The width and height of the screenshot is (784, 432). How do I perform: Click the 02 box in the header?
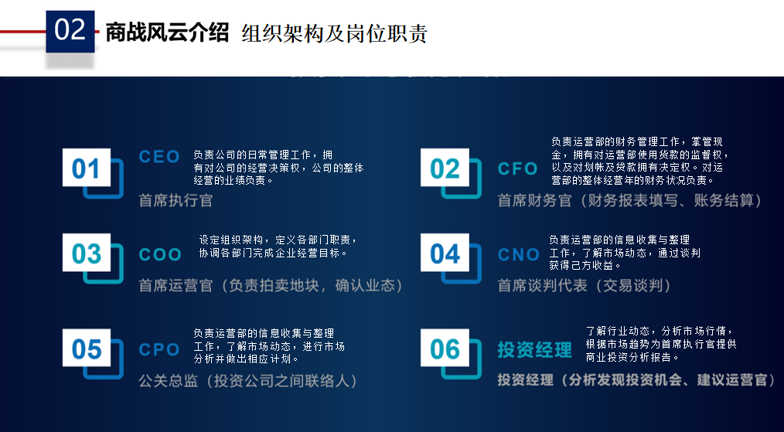click(70, 31)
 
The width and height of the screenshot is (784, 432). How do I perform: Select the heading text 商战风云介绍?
click(167, 32)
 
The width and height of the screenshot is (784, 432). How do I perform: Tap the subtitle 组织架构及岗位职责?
click(334, 34)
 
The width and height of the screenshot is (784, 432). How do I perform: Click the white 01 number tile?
click(87, 168)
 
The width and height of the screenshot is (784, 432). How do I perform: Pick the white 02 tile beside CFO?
click(445, 168)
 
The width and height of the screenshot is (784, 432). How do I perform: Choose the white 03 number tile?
click(87, 253)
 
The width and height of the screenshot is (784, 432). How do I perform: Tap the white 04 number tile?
click(445, 253)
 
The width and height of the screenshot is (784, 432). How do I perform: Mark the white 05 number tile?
click(87, 349)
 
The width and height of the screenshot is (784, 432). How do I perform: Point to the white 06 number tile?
click(445, 349)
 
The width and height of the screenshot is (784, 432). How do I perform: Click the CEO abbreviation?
click(159, 157)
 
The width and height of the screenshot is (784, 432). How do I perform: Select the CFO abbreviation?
click(518, 168)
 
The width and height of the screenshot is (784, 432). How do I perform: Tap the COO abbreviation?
click(160, 254)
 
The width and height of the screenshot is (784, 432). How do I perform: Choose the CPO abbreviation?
click(159, 349)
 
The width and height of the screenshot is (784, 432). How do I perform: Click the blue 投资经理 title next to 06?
click(534, 350)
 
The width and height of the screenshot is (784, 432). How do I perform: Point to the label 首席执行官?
click(176, 201)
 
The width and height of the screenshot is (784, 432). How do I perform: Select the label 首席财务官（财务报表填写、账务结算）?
click(629, 201)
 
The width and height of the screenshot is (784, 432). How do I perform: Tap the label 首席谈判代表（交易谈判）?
click(584, 286)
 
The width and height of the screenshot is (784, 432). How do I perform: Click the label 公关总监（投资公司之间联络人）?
click(248, 381)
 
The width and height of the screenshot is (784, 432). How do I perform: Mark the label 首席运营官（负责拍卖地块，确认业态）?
click(271, 286)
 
